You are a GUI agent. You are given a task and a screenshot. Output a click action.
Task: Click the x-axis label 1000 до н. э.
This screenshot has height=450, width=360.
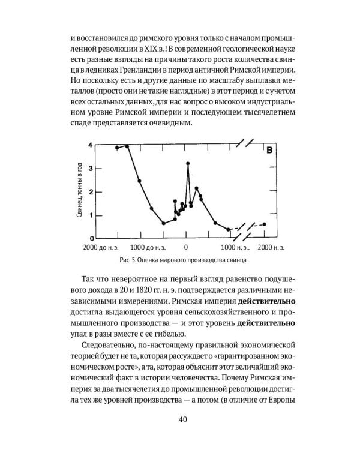[x=148, y=247]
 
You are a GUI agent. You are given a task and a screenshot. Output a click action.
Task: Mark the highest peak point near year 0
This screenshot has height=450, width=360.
[x=188, y=163]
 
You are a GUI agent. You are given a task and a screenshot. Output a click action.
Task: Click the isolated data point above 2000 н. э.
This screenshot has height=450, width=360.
[x=264, y=224]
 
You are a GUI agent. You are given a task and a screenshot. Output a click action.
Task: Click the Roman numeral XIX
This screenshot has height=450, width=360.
[x=158, y=47]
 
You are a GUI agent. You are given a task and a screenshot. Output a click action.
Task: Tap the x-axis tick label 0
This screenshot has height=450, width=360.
[x=186, y=247]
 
